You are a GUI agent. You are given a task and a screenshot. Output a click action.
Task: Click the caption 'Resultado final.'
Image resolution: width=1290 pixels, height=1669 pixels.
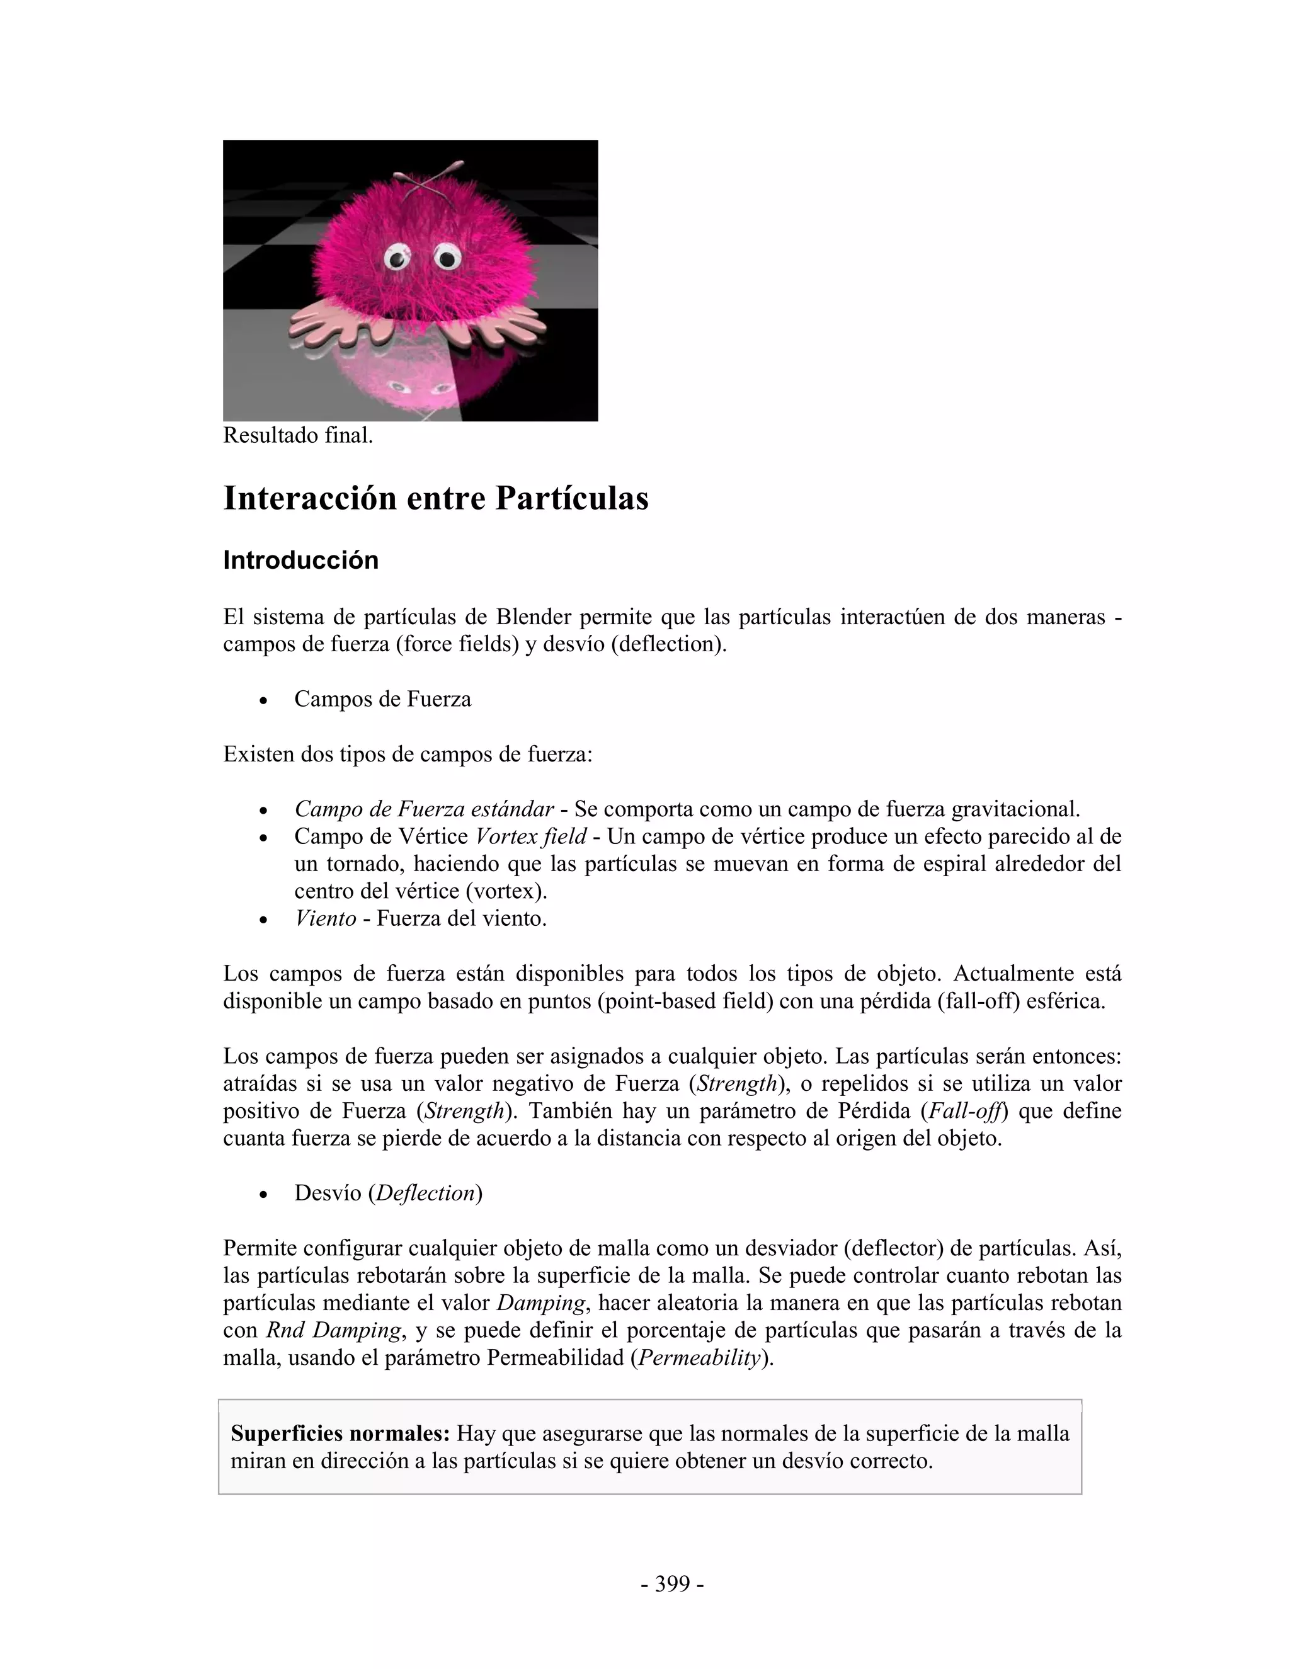[x=298, y=436]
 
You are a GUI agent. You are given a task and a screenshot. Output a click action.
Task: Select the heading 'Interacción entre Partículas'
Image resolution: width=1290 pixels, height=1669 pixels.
[x=436, y=498]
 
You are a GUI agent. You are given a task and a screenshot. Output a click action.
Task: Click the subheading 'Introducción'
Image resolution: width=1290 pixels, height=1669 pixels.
[x=300, y=560]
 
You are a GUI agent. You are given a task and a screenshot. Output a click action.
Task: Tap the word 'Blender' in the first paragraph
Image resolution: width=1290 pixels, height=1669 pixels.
[x=533, y=616]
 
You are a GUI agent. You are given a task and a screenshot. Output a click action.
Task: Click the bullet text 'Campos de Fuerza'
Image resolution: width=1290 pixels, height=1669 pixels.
[x=382, y=698]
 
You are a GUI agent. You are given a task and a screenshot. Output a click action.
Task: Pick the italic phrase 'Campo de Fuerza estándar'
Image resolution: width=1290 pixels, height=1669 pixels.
[x=424, y=809]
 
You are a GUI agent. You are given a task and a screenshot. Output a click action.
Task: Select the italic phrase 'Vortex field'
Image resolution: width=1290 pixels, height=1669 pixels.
[x=530, y=836]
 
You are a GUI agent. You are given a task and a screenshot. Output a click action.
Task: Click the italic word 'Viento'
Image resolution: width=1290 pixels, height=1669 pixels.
[x=326, y=918]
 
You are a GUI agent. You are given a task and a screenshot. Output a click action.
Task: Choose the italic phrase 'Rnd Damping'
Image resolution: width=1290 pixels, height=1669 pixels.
[x=333, y=1330]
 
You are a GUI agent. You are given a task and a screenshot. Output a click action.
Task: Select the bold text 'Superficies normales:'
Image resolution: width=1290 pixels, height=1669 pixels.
[x=340, y=1433]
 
